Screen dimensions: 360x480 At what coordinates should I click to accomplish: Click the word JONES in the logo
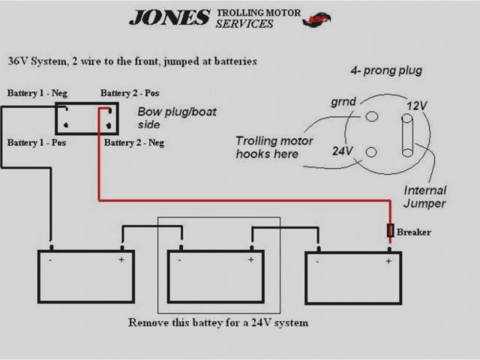[x=169, y=17]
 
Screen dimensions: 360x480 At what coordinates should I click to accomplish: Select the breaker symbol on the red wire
[x=390, y=230]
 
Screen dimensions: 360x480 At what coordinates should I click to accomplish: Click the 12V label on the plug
[x=416, y=106]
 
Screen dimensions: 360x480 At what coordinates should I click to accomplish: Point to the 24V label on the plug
[x=343, y=151]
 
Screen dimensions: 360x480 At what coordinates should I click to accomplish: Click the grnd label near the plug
[x=343, y=101]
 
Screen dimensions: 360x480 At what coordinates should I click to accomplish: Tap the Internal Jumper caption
[x=424, y=196]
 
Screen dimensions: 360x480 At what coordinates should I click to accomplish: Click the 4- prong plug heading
[x=386, y=70]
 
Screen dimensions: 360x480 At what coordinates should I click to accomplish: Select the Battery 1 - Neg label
[x=37, y=93]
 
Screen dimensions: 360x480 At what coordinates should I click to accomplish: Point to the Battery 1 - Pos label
[x=36, y=142]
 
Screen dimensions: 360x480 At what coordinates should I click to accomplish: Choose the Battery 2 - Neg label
[x=134, y=142]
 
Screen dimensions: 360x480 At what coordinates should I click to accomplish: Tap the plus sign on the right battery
[x=388, y=261]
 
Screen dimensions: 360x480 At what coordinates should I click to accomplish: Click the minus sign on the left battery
[x=50, y=261]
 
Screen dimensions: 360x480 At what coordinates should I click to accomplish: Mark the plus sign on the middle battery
[x=250, y=260]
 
